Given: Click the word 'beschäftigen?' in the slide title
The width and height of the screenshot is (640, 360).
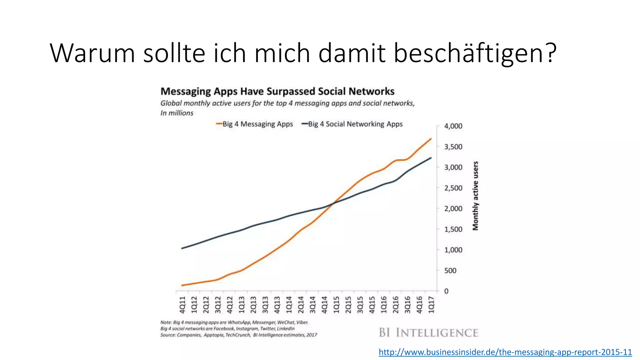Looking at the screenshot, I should [x=475, y=53].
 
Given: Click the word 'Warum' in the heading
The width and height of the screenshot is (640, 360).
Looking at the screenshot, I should [x=92, y=53].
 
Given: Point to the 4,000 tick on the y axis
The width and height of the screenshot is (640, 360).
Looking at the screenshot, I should [x=453, y=126].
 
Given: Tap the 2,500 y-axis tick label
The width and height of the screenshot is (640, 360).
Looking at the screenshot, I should [x=453, y=188].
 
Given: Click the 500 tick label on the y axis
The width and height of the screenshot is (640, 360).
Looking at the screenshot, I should [x=450, y=271].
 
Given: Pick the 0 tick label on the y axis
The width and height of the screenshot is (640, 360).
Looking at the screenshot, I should [x=446, y=291].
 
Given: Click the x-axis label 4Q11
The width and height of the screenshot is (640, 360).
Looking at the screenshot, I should [x=182, y=305].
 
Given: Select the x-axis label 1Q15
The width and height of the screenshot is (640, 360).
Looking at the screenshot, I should [x=336, y=305].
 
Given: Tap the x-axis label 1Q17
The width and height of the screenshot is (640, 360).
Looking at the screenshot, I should [x=431, y=305].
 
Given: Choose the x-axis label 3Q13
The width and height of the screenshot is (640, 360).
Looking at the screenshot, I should [x=265, y=305].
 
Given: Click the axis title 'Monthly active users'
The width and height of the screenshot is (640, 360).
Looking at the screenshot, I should [x=475, y=196].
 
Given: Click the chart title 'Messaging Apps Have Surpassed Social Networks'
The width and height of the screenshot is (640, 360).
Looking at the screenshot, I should [x=277, y=91].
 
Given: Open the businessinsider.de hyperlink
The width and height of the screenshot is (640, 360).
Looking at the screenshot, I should [x=505, y=352].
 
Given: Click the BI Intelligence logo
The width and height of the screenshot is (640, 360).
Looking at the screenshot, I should [x=428, y=333].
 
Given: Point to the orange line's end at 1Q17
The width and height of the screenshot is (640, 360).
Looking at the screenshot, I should [x=431, y=139].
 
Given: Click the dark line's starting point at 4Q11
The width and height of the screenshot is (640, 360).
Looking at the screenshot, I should [x=182, y=248].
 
